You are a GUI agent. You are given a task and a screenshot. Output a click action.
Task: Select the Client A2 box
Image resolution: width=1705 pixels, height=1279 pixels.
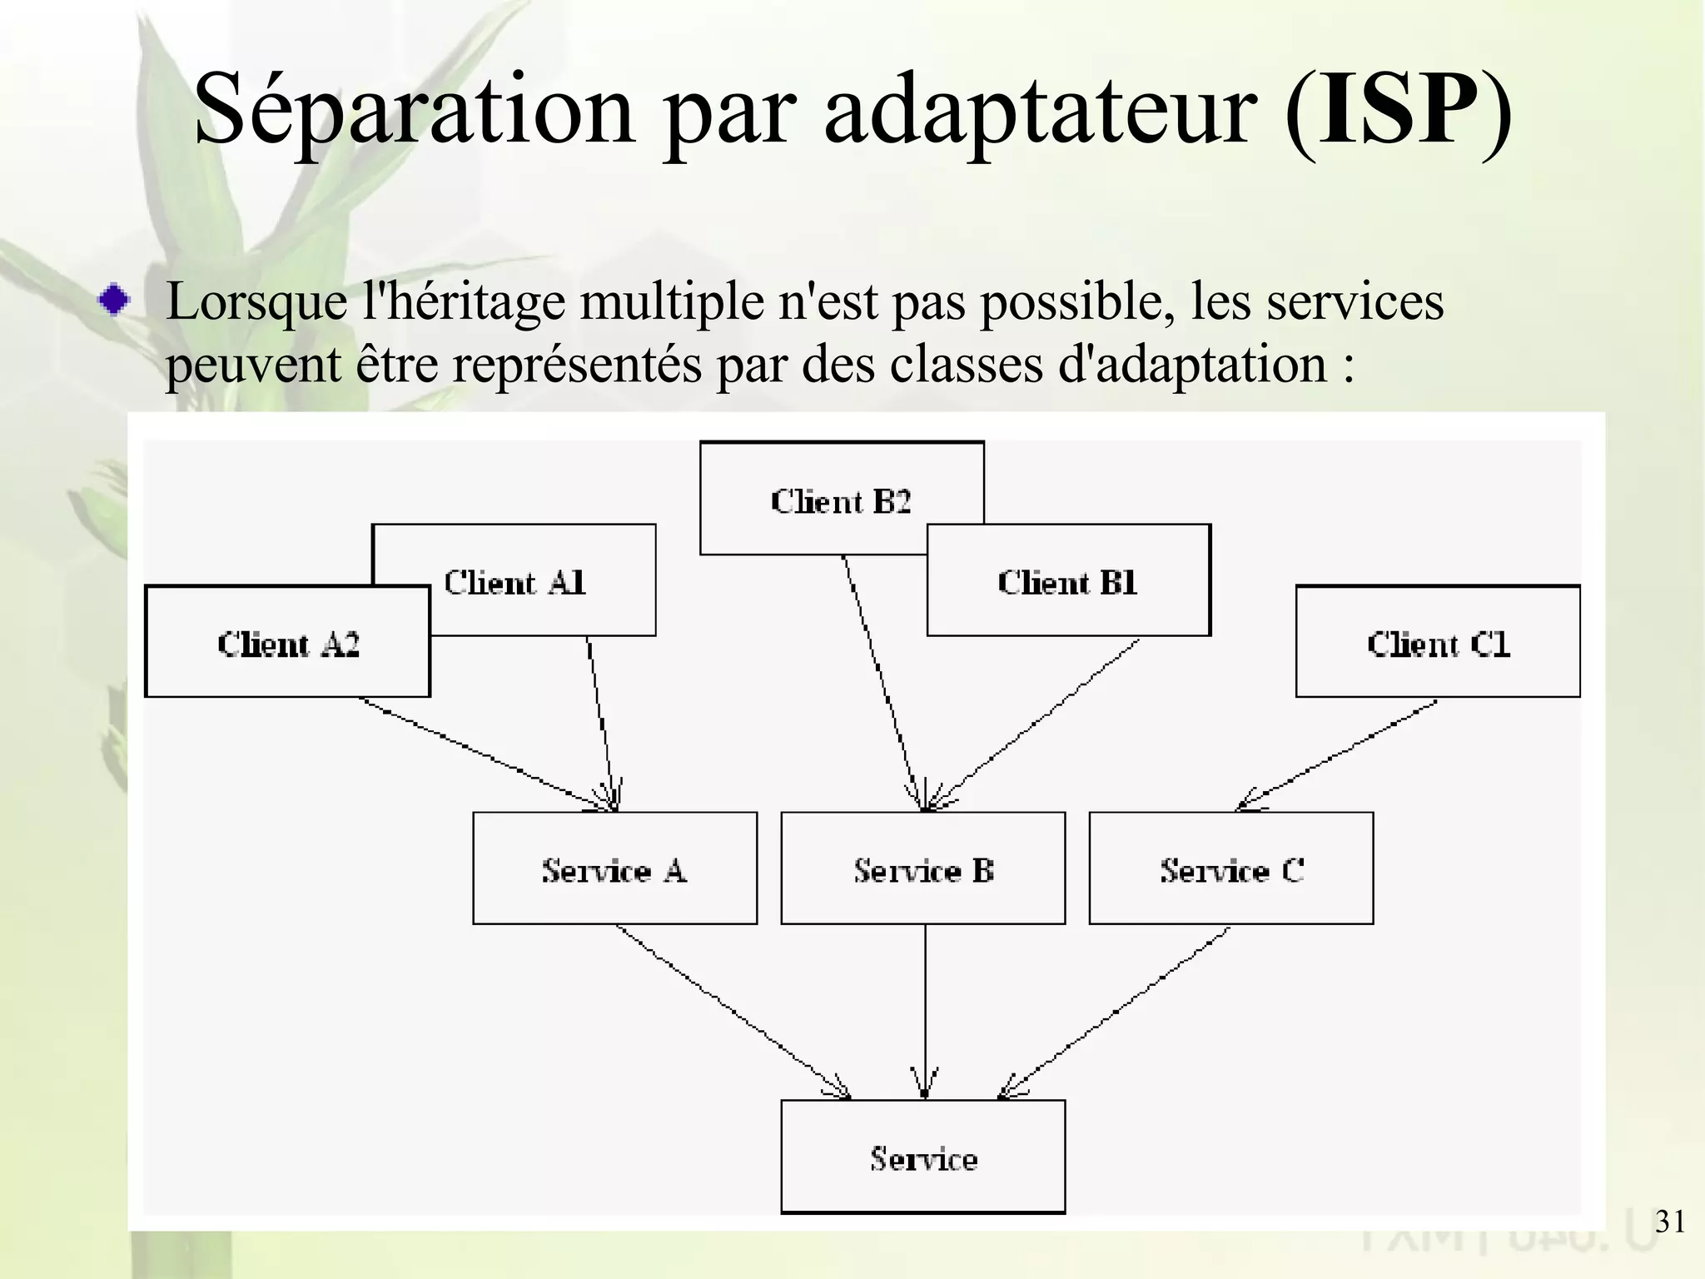pyautogui.click(x=287, y=642)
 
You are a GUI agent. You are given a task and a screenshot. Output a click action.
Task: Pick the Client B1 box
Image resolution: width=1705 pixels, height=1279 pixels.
pyautogui.click(x=1068, y=581)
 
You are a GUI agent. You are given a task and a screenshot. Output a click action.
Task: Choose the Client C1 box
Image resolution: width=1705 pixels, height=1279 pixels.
pyautogui.click(x=1438, y=642)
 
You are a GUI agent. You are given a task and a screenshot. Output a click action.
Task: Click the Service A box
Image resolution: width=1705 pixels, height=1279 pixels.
pyautogui.click(x=614, y=868)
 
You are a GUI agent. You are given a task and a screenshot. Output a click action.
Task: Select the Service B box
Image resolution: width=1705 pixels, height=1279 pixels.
pyautogui.click(x=922, y=868)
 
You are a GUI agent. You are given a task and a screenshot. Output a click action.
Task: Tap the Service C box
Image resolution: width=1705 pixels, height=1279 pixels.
pyautogui.click(x=1230, y=868)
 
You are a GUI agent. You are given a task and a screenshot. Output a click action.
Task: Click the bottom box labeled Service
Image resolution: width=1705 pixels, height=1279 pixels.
pyautogui.click(x=922, y=1157)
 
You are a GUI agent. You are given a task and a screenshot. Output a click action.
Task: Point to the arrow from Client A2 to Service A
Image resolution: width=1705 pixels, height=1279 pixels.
pyautogui.click(x=483, y=753)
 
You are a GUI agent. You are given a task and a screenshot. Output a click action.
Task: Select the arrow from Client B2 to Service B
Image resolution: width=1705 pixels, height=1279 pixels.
pyautogui.click(x=882, y=683)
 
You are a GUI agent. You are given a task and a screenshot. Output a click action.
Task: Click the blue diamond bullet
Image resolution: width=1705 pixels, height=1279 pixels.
pyautogui.click(x=113, y=300)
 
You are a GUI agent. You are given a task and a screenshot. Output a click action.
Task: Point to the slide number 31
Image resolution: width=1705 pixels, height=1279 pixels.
pyautogui.click(x=1670, y=1221)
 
